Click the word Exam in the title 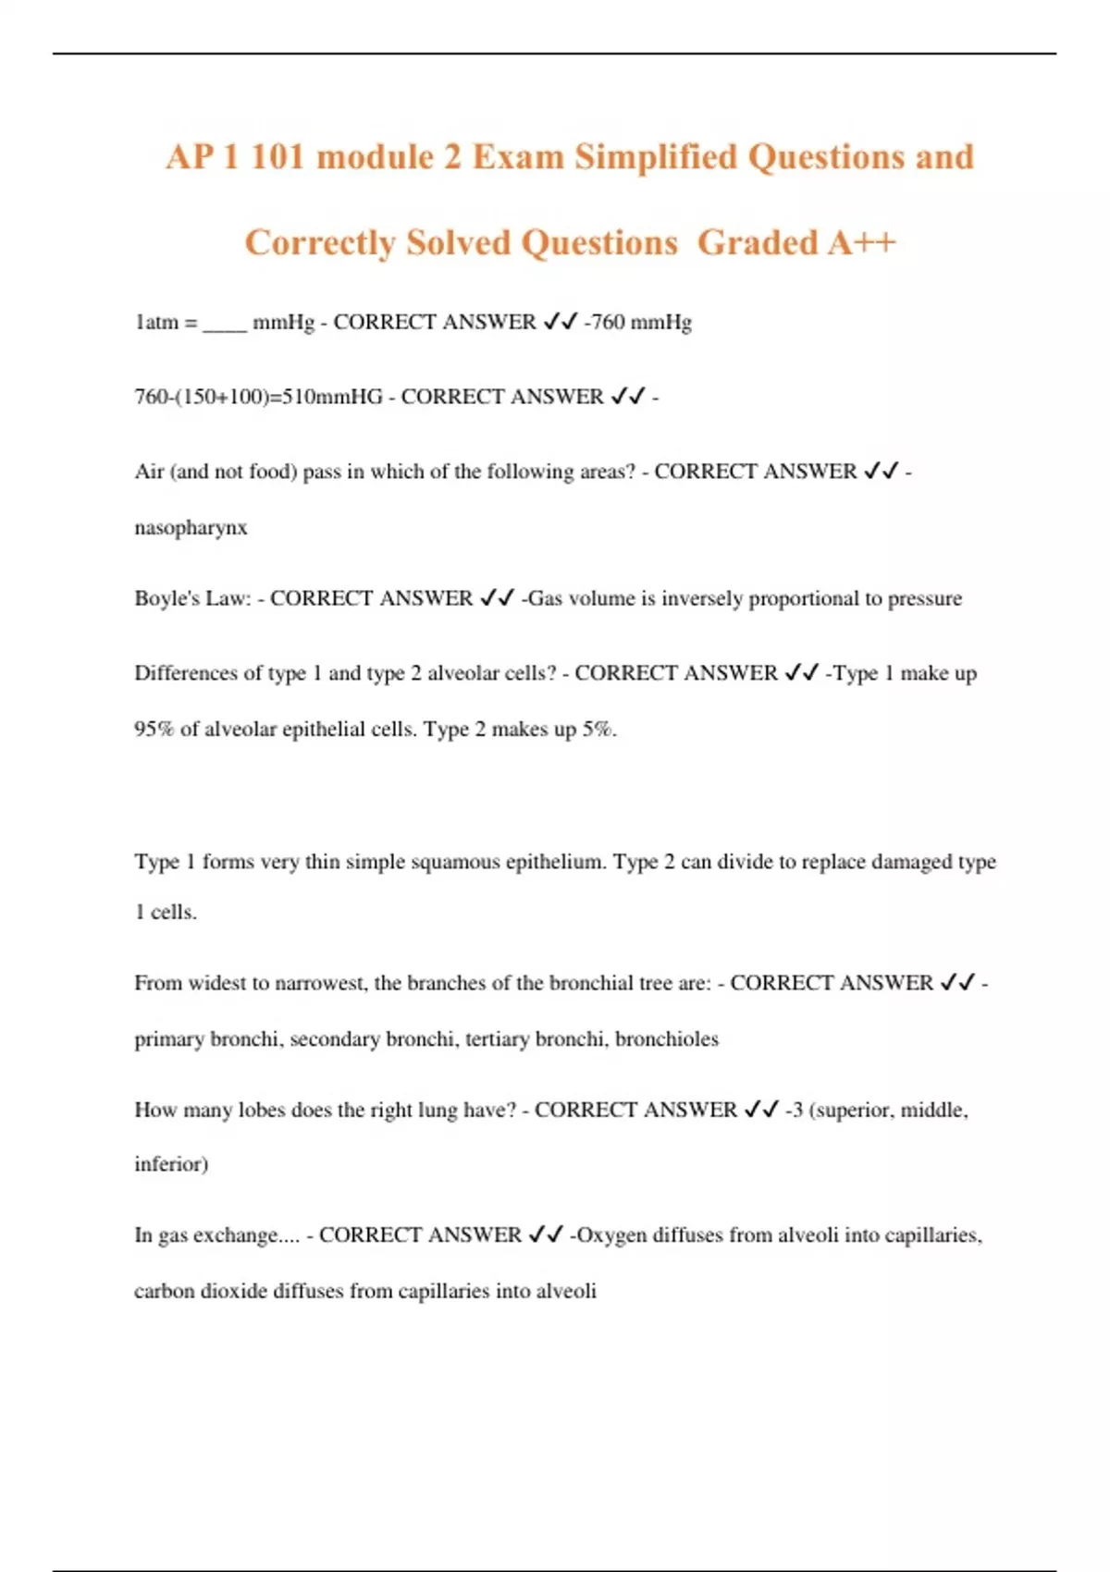tap(518, 157)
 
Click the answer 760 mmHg tap(641, 322)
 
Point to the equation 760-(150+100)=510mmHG tap(258, 397)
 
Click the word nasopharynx tap(191, 528)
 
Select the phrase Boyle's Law tap(192, 598)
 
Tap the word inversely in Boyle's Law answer tap(701, 598)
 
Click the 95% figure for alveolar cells tap(154, 729)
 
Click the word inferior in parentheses tap(170, 1163)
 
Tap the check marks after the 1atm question tap(560, 322)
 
